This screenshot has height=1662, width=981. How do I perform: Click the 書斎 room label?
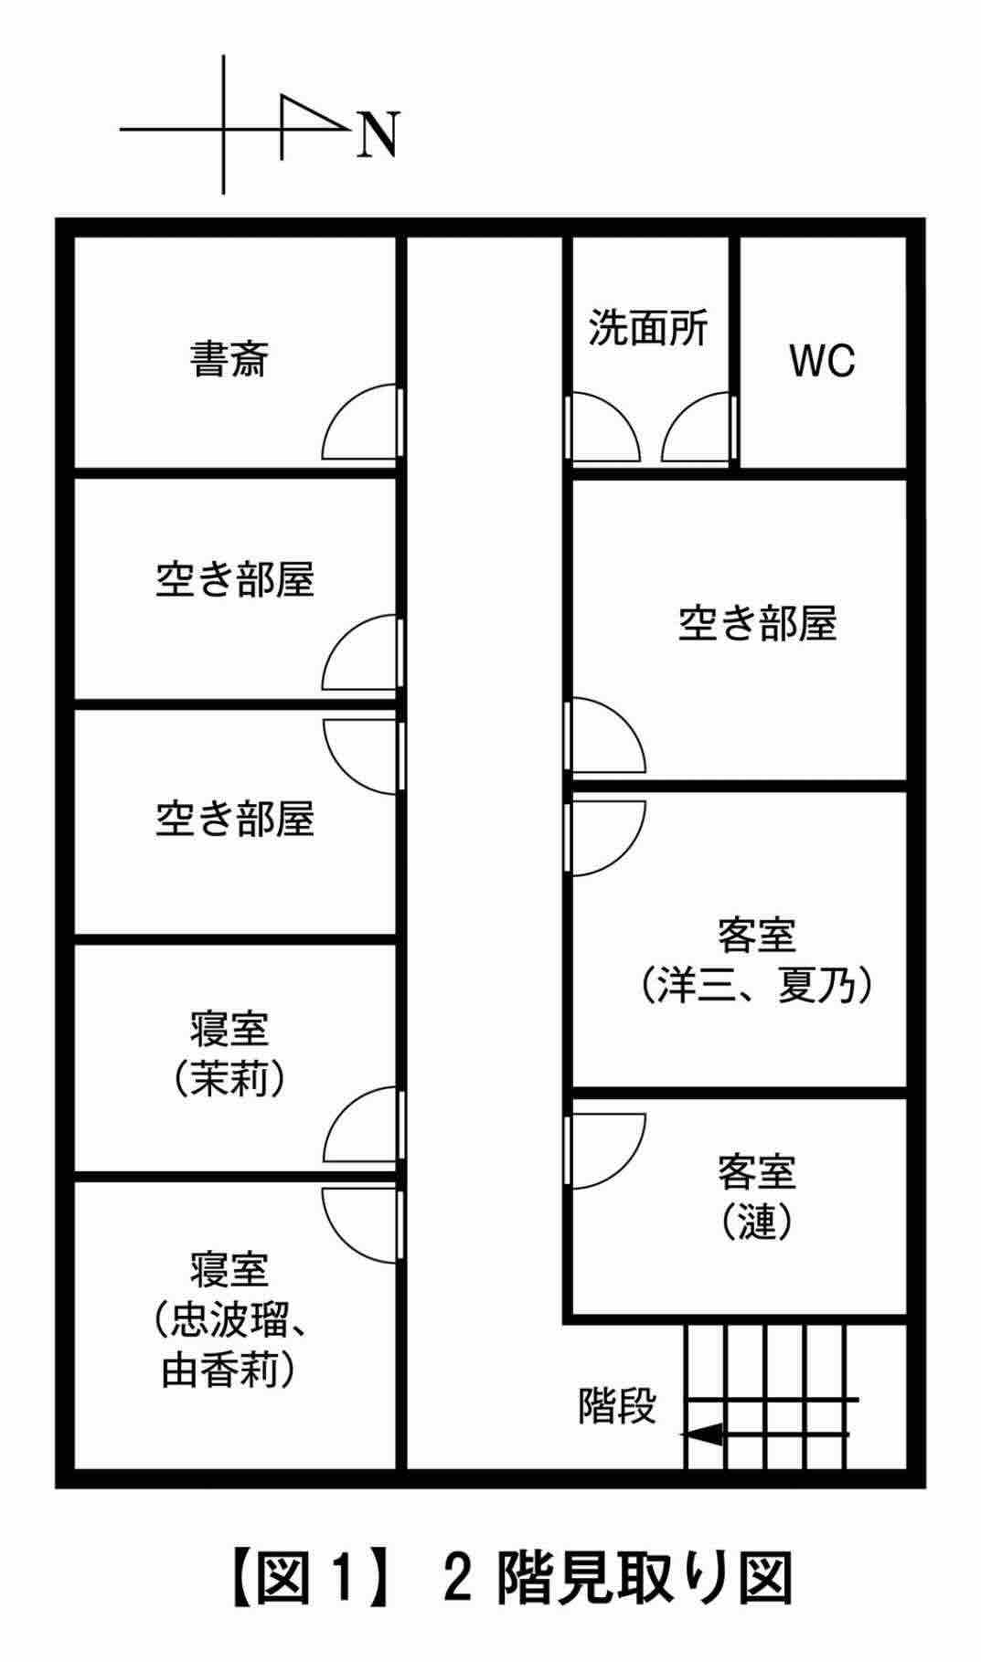[x=229, y=359]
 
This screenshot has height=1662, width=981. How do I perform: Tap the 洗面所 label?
[x=647, y=327]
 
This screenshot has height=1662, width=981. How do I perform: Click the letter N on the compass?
[x=377, y=136]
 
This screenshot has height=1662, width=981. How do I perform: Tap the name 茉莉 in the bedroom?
[x=229, y=1081]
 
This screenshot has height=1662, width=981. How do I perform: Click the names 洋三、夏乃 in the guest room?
[x=755, y=986]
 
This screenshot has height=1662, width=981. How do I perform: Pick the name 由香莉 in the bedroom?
[x=229, y=1371]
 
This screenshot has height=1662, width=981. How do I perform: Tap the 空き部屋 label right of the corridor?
[x=757, y=624]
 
